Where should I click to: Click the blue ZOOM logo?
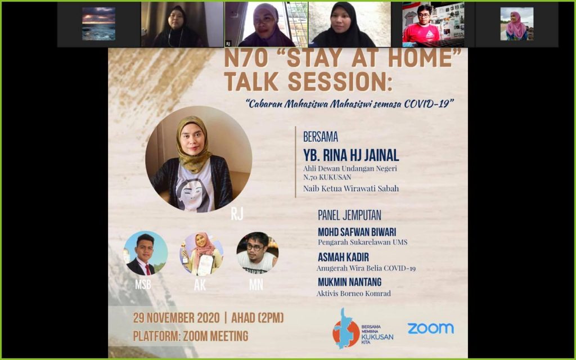click(x=430, y=328)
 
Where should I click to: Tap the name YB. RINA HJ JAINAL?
click(x=351, y=155)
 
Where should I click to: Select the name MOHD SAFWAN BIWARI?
click(x=357, y=232)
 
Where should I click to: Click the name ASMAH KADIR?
click(x=343, y=257)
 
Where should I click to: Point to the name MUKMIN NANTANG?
click(x=349, y=282)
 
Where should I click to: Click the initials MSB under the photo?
click(x=143, y=284)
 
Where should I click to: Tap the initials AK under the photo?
click(x=200, y=285)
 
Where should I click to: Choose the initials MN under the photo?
click(x=256, y=285)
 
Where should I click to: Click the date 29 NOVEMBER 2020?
click(x=176, y=318)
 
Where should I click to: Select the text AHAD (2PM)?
click(x=258, y=318)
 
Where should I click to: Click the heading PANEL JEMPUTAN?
click(x=349, y=215)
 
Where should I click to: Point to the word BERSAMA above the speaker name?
click(x=320, y=137)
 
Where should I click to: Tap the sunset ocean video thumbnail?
click(x=98, y=24)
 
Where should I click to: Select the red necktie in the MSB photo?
click(x=147, y=269)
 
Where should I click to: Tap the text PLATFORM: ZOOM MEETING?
click(x=190, y=336)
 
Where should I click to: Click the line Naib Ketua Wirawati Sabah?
click(x=351, y=189)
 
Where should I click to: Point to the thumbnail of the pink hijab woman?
click(x=517, y=24)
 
